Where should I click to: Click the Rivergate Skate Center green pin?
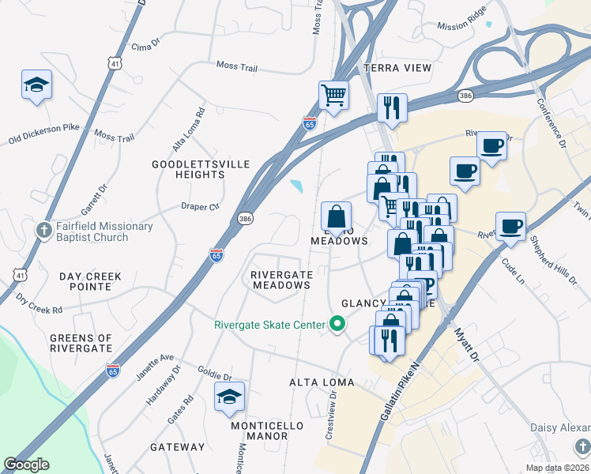[x=337, y=324]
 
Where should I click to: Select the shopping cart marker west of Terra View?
[x=334, y=96]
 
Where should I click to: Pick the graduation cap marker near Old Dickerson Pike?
[x=36, y=85]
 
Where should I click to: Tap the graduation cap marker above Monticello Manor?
[x=229, y=397]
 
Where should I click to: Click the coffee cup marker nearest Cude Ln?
[x=510, y=226]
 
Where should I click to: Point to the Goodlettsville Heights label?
[x=201, y=169]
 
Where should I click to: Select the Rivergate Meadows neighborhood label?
[x=281, y=280]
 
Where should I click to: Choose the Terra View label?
[x=397, y=68]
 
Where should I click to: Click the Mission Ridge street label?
[x=464, y=26]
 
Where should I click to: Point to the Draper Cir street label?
[x=199, y=206]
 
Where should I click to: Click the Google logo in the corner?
[x=26, y=465]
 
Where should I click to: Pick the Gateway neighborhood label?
[x=178, y=447]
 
